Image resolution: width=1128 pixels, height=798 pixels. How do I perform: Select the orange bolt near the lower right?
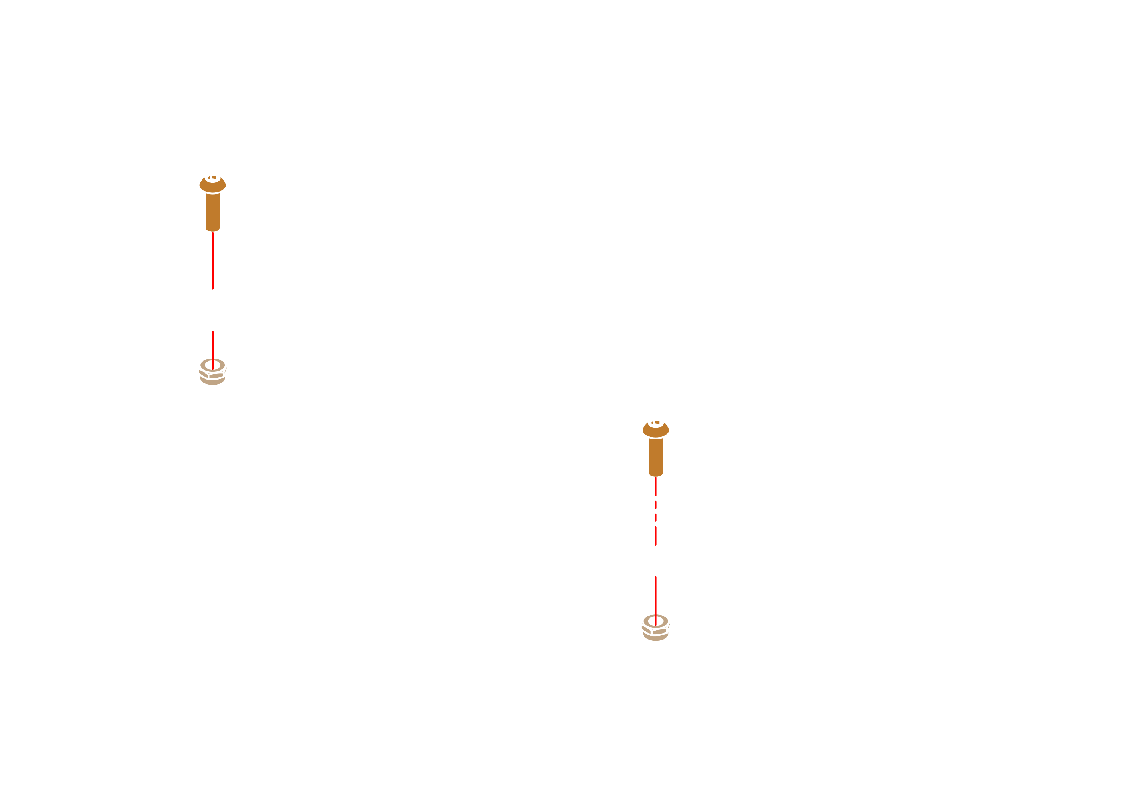(655, 448)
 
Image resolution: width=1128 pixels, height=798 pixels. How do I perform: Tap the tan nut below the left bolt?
(212, 372)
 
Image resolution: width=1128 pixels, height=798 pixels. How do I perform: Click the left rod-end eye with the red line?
(212, 285)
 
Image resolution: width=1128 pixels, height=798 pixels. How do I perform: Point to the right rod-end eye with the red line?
(655, 541)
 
